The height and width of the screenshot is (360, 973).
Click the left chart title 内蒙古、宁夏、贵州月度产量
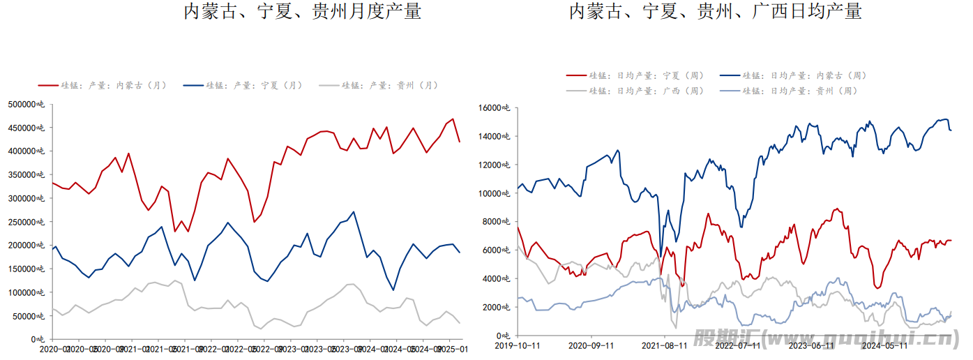pos(302,12)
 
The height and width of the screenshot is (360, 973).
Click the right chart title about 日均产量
pos(715,12)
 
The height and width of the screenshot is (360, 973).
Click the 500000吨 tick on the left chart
pos(27,104)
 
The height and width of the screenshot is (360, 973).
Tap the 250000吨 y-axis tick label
pos(27,222)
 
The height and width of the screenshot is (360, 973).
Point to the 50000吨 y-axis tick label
pos(29,316)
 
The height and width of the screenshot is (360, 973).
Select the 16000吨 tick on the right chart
pos(495,108)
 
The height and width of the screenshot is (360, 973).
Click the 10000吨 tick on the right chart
pos(495,193)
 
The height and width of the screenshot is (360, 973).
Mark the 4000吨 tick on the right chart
pos(497,279)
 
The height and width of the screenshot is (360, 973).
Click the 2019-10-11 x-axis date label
pos(518,345)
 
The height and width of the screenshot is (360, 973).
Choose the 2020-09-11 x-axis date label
pos(591,345)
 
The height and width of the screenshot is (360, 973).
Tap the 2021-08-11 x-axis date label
pos(664,345)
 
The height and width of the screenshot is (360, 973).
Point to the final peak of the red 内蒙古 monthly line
pos(453,119)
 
